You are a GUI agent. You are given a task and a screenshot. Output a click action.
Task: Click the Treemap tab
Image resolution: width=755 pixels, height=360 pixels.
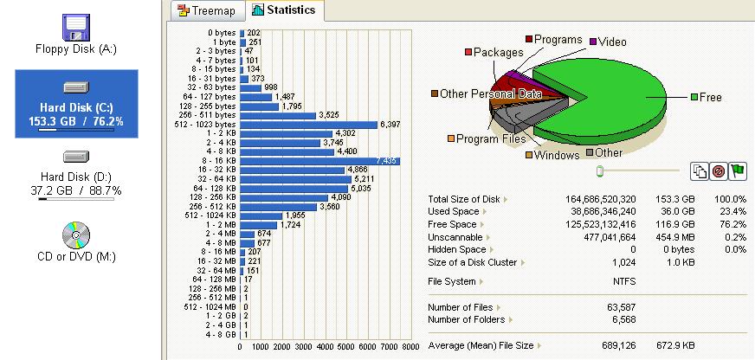[207, 11]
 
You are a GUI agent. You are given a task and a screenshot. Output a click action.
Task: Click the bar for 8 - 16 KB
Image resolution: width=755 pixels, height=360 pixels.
[319, 161]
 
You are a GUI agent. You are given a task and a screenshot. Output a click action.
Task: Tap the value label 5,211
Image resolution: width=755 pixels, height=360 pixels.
[366, 179]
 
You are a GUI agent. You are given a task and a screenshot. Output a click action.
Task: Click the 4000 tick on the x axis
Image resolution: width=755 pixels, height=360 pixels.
[326, 347]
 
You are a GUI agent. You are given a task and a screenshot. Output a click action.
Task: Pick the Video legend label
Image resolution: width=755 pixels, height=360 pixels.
[612, 42]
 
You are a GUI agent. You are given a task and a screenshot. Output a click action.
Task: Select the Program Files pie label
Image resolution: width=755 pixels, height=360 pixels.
[490, 138]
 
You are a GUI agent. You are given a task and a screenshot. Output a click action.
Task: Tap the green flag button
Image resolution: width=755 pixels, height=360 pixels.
[737, 171]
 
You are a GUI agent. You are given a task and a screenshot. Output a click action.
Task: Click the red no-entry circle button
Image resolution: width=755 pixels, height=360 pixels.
[718, 171]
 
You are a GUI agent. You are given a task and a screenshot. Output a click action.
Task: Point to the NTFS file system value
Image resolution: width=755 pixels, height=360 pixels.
[623, 281]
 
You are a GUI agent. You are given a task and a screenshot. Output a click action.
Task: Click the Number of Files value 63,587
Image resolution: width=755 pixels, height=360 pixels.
[623, 307]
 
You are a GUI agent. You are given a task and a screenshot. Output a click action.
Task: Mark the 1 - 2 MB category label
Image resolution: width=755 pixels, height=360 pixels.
[220, 224]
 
